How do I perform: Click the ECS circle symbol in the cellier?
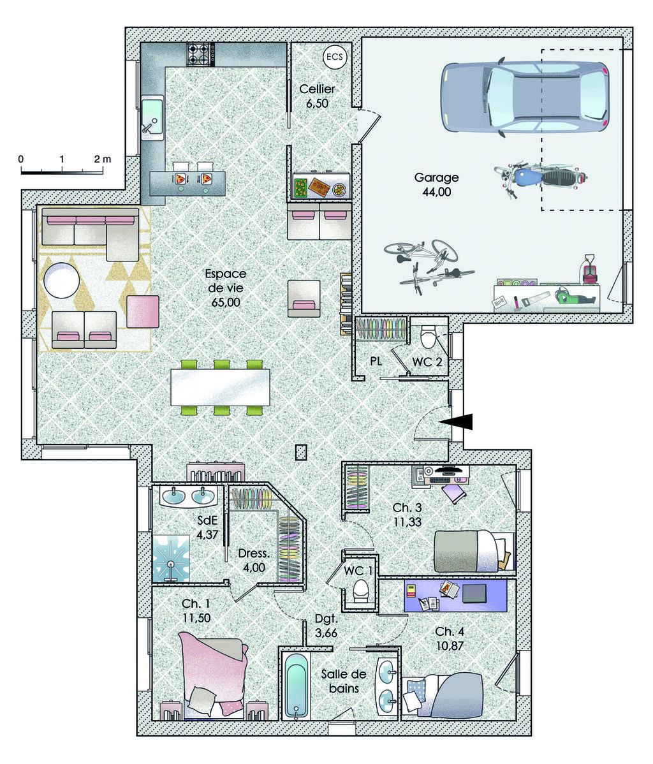pyautogui.click(x=334, y=57)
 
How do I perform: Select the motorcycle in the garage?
pyautogui.click(x=540, y=177)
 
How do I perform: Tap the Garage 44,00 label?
pyautogui.click(x=436, y=184)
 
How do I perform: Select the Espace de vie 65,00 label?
pyautogui.click(x=225, y=288)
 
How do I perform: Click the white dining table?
pyautogui.click(x=220, y=387)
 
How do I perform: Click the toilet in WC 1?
pyautogui.click(x=361, y=590)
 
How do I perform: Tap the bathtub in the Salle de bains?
pyautogui.click(x=296, y=686)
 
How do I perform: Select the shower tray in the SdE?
pyautogui.click(x=171, y=557)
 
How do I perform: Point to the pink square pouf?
pyautogui.click(x=142, y=312)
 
